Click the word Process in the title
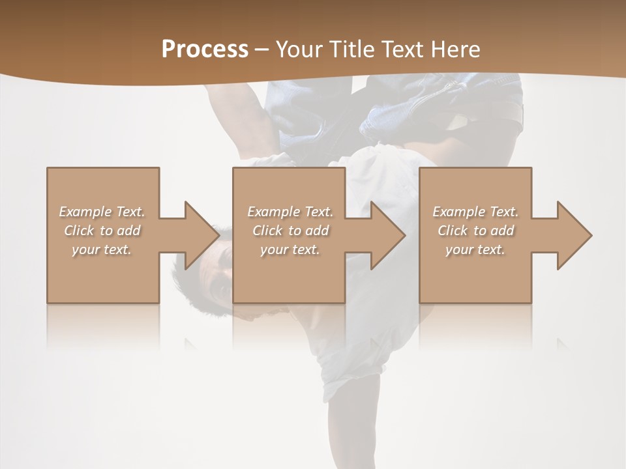pos(205,50)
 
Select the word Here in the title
pos(455,50)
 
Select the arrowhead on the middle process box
pos(387,235)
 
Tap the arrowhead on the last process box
pos(573,235)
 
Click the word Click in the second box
pos(266,231)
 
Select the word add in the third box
pos(501,231)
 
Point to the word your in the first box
pos(85,249)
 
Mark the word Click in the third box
pos(452,231)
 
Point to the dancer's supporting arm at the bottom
pos(362,423)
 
